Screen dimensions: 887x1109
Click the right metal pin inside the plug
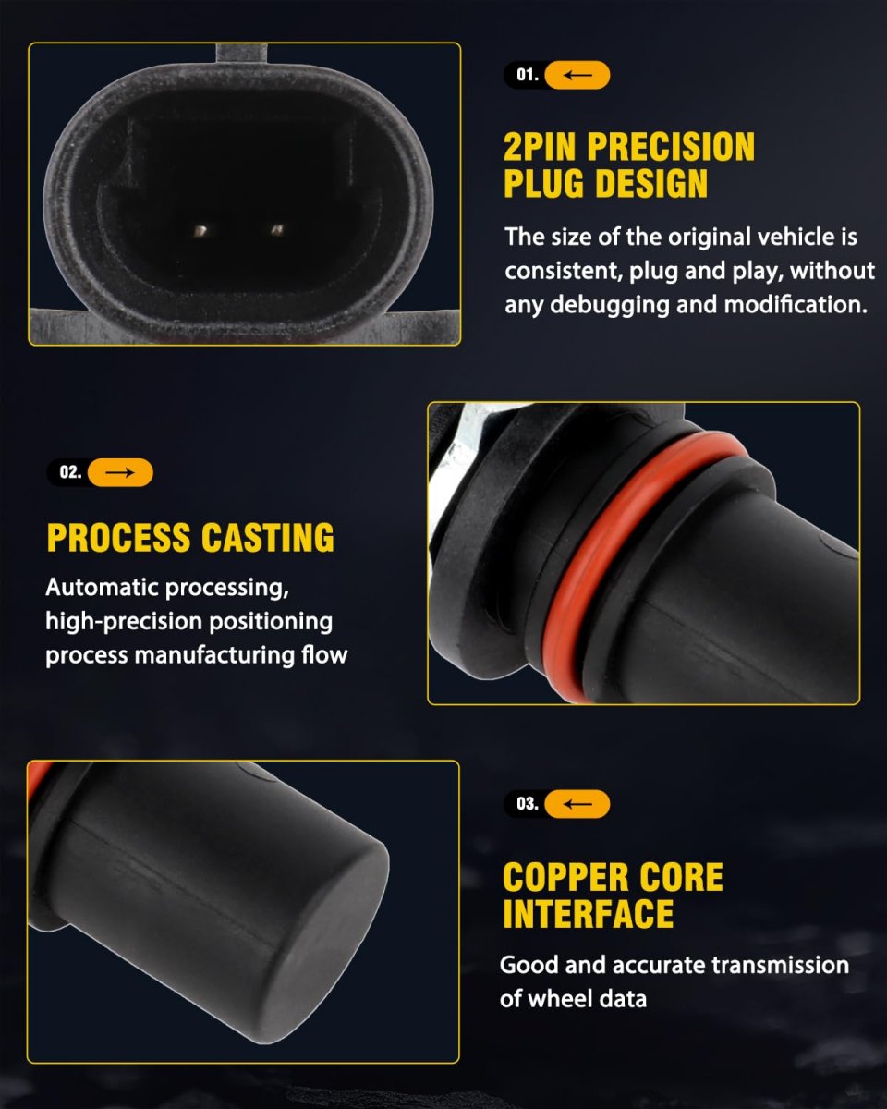(277, 229)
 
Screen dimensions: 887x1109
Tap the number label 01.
(528, 75)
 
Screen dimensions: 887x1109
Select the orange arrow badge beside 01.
(577, 75)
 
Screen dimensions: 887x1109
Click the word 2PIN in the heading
(540, 147)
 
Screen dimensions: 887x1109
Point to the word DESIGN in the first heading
(651, 184)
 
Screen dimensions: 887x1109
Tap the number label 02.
(70, 472)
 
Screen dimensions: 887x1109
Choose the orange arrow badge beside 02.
(120, 472)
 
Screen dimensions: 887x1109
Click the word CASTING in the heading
(268, 538)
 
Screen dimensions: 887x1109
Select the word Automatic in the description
(102, 587)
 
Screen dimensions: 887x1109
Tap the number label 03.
(528, 803)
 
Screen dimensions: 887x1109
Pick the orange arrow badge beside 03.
(577, 804)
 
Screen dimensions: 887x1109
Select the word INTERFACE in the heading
(589, 914)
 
